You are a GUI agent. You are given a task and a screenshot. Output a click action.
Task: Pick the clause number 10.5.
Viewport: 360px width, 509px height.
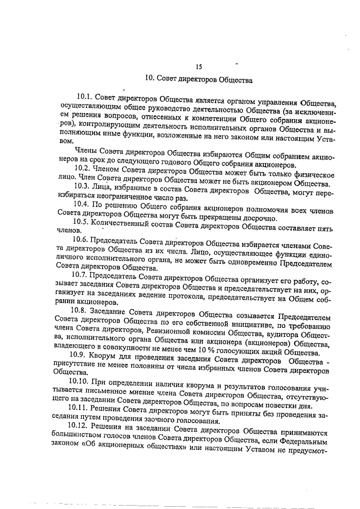coord(84,222)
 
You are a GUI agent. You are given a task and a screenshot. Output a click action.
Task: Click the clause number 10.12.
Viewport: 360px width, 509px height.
coord(79,425)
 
